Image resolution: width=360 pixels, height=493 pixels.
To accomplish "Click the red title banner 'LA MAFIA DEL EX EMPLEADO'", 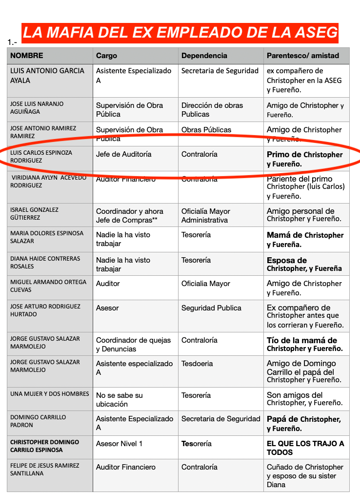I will [x=180, y=33].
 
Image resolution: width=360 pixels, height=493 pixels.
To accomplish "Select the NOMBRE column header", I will [x=27, y=56].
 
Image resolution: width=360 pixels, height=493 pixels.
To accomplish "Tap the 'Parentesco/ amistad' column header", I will [x=302, y=56].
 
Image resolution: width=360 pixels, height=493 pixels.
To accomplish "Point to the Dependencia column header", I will [x=204, y=56].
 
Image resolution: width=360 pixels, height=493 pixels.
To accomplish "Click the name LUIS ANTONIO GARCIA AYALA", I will [x=47, y=75].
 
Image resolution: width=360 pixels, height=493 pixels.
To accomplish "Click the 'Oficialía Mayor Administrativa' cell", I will [x=206, y=216].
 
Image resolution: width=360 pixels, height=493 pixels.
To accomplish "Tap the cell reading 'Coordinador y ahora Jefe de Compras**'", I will [x=130, y=216].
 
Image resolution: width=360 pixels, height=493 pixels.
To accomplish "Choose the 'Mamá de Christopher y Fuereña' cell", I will [x=305, y=239].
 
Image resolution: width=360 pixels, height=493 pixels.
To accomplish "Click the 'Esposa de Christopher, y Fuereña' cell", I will [x=304, y=264].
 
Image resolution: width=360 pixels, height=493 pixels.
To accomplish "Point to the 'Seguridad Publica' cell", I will [x=211, y=308].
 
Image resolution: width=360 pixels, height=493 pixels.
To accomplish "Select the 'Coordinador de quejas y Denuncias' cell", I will [x=133, y=344].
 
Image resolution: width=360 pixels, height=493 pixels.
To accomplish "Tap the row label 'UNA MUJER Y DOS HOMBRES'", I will [x=50, y=394].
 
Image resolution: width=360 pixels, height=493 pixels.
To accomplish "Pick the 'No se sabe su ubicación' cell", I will [x=119, y=399].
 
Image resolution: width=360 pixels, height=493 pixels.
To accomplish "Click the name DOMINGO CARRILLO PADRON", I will [x=38, y=421].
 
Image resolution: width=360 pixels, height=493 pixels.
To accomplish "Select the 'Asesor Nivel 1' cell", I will [x=119, y=444].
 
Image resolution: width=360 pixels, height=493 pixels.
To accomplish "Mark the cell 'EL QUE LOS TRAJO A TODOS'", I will [x=305, y=448].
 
